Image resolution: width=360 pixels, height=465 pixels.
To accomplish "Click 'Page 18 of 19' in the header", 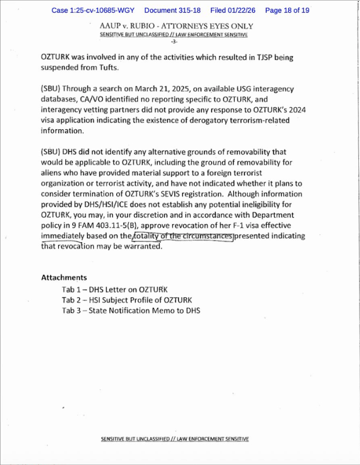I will [x=287, y=11].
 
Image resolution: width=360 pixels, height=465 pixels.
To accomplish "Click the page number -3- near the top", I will [x=174, y=42].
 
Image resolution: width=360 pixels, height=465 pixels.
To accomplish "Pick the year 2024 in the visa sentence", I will [x=295, y=110].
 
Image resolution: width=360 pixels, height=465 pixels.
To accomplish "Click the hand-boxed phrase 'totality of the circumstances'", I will [x=182, y=236].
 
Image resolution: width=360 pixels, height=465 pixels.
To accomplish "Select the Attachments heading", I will [x=64, y=278].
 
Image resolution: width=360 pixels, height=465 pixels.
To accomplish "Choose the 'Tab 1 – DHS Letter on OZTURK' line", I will [x=115, y=289].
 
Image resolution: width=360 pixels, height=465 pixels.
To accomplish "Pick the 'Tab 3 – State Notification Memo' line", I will [x=131, y=311].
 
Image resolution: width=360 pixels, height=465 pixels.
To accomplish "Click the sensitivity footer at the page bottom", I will [x=174, y=439].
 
